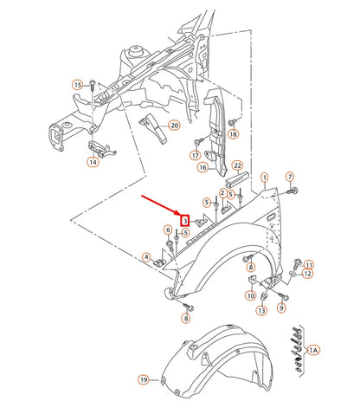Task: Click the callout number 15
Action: point(76,85)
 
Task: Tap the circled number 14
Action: point(93,161)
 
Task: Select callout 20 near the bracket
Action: point(174,126)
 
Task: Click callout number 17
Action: point(196,156)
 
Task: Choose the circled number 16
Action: point(203,167)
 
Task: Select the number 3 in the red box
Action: point(185,221)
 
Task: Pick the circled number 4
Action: point(147,256)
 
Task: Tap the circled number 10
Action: point(250,295)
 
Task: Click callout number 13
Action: point(260,309)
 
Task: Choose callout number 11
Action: point(309,264)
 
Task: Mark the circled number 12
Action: point(309,275)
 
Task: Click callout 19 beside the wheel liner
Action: point(144,379)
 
